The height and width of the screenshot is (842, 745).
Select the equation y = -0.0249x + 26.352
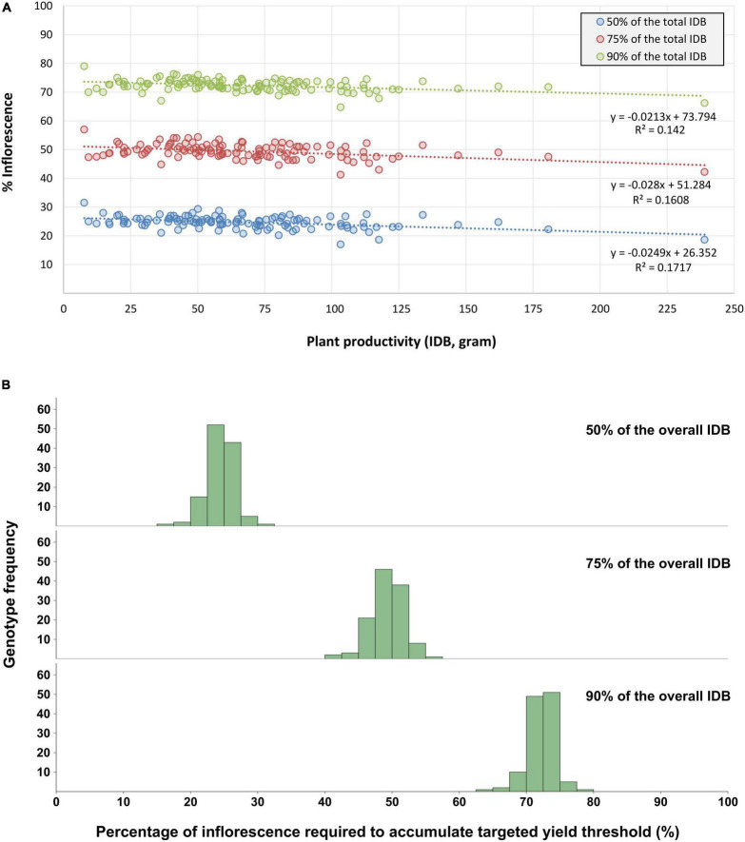671,253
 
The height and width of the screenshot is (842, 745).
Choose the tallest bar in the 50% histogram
216,475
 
